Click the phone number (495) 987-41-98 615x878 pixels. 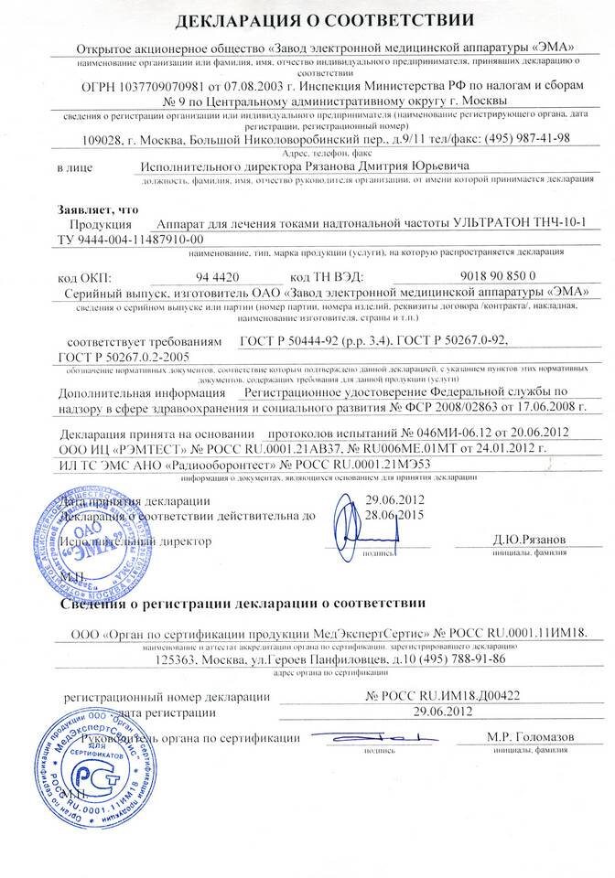516,139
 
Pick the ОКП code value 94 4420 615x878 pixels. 218,274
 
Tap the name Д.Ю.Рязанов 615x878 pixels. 524,541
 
